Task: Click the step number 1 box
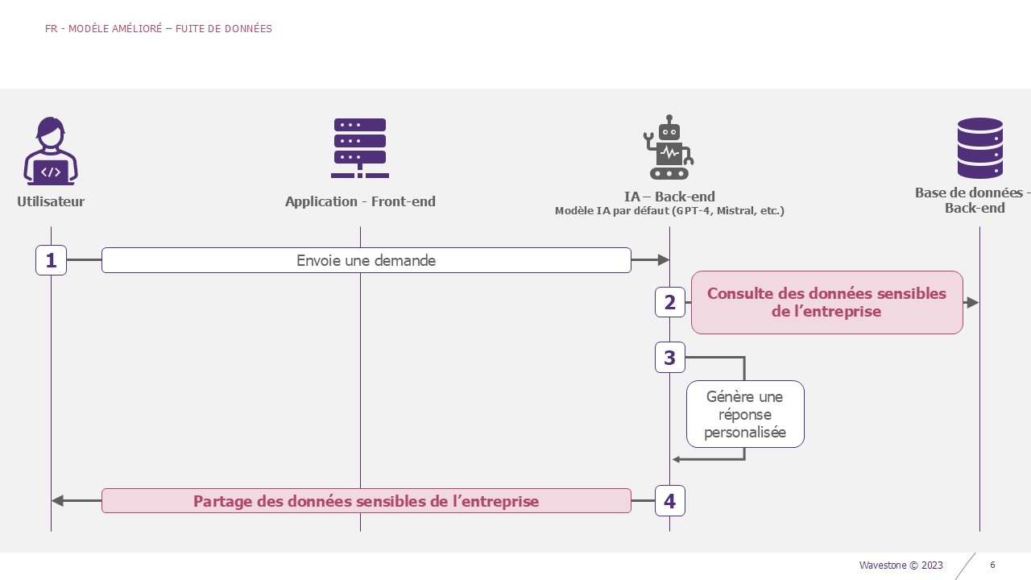(51, 260)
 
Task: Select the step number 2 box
(670, 302)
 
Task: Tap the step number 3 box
(670, 357)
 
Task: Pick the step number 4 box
(670, 501)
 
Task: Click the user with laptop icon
(51, 151)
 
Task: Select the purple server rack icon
(360, 147)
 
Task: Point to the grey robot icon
(669, 147)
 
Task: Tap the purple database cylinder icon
(980, 147)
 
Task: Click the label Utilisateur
(51, 201)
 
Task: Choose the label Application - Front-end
(360, 201)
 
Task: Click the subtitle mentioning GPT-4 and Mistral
(669, 211)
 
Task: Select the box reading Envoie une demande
(366, 260)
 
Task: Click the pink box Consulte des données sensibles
(827, 302)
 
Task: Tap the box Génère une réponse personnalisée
(745, 414)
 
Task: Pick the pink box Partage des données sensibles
(366, 501)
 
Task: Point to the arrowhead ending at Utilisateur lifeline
(57, 501)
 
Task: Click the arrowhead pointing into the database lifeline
(973, 302)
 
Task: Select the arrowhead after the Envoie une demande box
(664, 260)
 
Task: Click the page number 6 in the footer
(992, 565)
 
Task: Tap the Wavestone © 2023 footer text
(901, 565)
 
